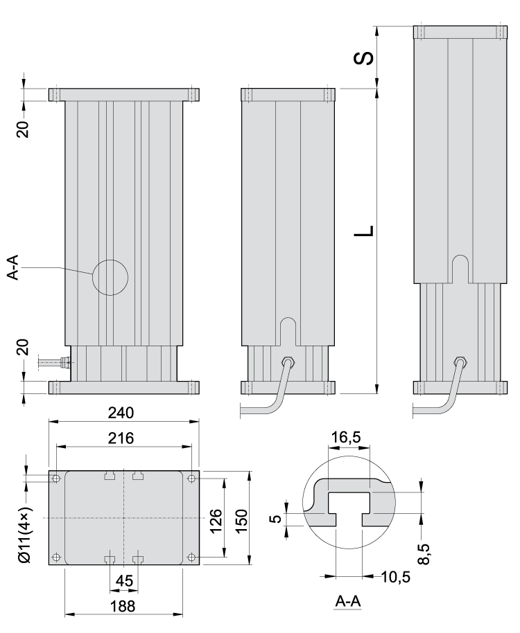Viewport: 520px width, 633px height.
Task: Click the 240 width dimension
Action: point(122,413)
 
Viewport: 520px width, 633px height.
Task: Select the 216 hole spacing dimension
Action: point(122,438)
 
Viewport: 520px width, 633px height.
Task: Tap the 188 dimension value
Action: point(122,606)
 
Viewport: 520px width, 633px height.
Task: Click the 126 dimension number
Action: point(216,517)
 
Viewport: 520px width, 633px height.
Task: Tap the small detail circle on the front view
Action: point(110,277)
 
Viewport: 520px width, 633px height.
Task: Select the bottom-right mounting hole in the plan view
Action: point(191,557)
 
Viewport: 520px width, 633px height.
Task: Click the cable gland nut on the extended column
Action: point(458,361)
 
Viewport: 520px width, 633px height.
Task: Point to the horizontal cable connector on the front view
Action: point(52,362)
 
